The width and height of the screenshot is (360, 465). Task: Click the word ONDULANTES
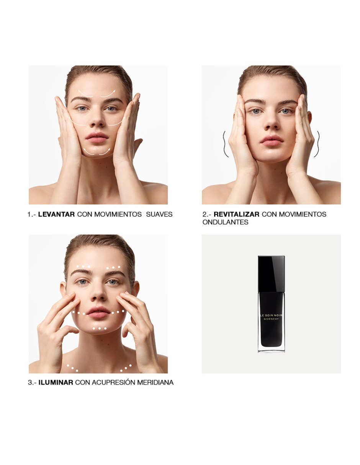[x=225, y=222]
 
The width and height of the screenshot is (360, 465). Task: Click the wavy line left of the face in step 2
[x=225, y=144]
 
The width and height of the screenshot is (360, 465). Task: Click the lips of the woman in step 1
[x=97, y=137]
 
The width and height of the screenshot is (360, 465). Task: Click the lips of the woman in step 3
[x=98, y=312]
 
